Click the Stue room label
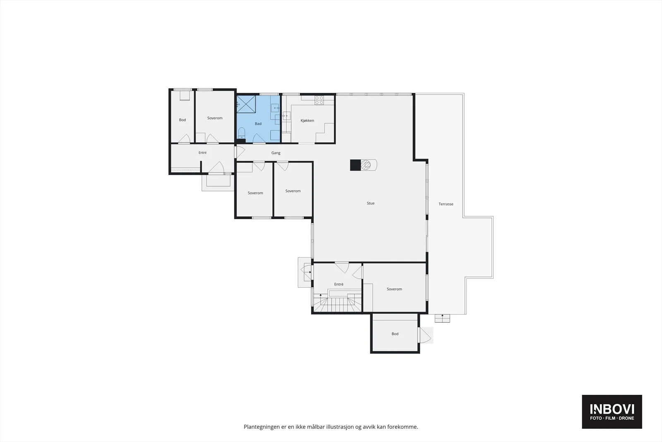tap(371, 203)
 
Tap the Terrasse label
tap(446, 204)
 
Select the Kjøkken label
tap(307, 121)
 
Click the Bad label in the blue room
tap(258, 124)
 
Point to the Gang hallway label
tap(276, 153)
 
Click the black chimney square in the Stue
tap(355, 165)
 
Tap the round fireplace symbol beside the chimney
tap(366, 165)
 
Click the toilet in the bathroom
tap(242, 133)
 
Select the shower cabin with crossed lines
tap(246, 104)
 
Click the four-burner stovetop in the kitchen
tap(319, 100)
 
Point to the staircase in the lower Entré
tap(338, 303)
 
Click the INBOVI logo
tap(612, 411)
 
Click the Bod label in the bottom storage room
tap(395, 334)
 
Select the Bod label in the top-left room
tap(182, 120)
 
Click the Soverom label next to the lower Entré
tap(394, 289)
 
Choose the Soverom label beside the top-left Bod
tap(215, 118)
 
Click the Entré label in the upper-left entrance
tap(202, 153)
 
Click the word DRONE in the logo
tap(626, 418)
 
